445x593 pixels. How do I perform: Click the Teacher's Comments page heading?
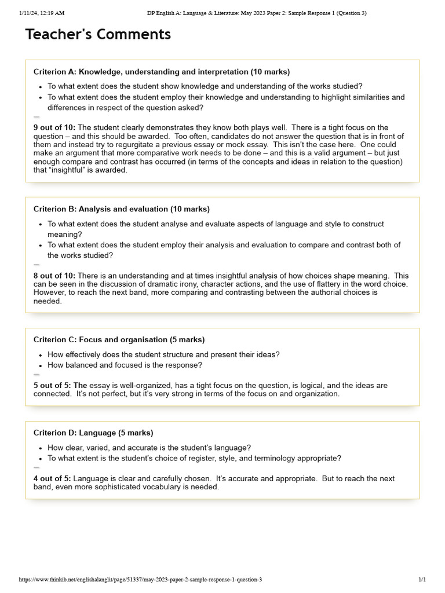coord(98,35)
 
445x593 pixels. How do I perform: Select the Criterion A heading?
coord(161,72)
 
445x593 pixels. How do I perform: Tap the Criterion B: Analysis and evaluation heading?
coord(122,209)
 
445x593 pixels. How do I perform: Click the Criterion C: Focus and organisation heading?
coord(119,340)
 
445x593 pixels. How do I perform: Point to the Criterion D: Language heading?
coord(93,433)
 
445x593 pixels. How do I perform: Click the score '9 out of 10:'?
coord(54,127)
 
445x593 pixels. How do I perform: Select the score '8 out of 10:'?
coord(54,276)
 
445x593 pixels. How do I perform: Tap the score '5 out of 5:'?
coord(52,386)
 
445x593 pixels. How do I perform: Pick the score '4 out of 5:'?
coord(52,479)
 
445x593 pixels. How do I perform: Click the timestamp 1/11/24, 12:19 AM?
coord(41,13)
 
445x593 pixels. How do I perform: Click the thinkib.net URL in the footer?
coord(140,580)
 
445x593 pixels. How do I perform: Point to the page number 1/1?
coord(422,580)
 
